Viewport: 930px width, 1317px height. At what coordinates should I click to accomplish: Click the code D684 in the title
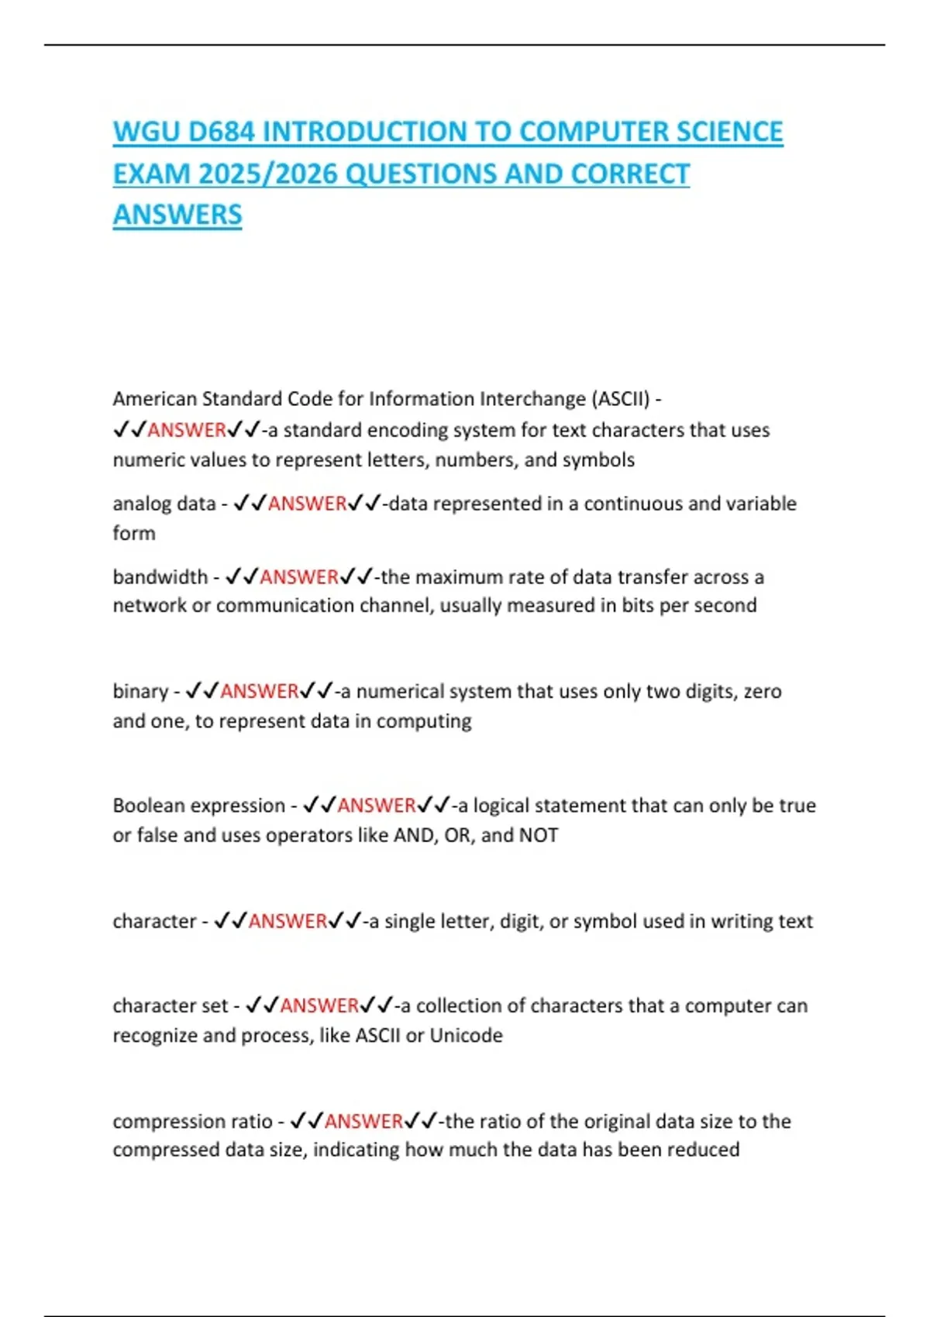221,132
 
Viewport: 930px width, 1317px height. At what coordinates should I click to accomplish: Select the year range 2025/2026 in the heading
267,174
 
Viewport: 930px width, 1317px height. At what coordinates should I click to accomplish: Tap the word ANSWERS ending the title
177,215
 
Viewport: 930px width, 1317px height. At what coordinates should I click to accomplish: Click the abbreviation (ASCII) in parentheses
621,399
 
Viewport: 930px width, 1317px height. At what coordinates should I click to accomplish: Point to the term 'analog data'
164,504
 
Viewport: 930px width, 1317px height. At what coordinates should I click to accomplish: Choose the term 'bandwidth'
160,577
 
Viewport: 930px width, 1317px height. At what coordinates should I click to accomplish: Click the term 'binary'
140,691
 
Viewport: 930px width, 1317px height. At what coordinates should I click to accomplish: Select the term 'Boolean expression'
198,806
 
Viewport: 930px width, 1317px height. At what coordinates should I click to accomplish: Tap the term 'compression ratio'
192,1121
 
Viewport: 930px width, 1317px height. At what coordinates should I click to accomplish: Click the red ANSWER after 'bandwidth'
299,577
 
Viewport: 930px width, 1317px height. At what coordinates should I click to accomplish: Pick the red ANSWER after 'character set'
319,1006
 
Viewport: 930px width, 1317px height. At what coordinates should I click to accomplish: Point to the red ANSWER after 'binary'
260,691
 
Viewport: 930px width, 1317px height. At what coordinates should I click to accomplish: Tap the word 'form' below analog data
134,534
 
